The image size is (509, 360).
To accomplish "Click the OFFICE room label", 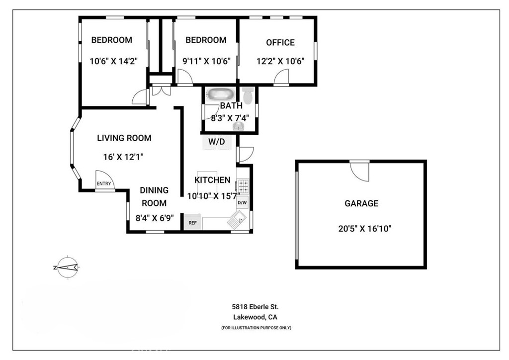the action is click(280, 43).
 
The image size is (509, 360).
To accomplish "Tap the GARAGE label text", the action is click(361, 203).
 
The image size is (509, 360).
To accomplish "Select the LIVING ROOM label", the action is click(124, 138).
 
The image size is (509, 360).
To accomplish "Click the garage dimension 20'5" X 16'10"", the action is click(364, 229).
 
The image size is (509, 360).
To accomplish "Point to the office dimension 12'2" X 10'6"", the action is click(280, 61).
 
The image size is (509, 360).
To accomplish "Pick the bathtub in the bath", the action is click(220, 94).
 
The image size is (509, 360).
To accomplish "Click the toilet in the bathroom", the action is click(248, 95).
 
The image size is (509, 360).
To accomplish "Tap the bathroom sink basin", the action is click(239, 126).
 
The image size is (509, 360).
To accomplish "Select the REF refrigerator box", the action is click(192, 223).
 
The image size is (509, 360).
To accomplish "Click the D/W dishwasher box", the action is click(242, 203).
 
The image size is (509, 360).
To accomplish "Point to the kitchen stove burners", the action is click(243, 186).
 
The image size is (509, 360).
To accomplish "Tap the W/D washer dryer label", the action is click(217, 142).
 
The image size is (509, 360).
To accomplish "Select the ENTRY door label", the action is click(104, 184).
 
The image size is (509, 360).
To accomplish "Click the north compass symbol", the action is click(68, 268).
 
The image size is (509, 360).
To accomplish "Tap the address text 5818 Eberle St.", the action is click(255, 307).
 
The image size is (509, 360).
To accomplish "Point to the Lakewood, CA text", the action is click(255, 317).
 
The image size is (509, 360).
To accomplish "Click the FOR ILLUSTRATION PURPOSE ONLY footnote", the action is click(256, 328).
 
